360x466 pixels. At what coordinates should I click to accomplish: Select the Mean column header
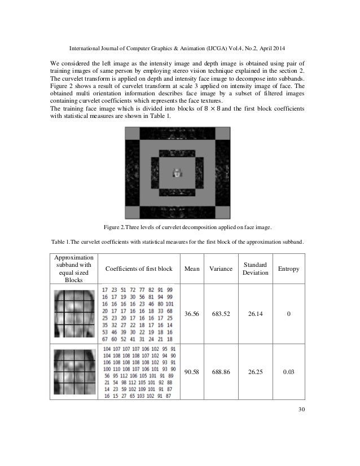[192, 269]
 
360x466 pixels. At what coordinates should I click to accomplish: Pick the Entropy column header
[288, 269]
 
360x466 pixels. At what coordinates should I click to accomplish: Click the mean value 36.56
[192, 314]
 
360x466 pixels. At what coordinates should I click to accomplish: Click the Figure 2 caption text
[179, 227]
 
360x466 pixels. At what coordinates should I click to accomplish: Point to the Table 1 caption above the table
[179, 243]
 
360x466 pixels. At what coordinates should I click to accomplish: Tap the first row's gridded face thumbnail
[73, 314]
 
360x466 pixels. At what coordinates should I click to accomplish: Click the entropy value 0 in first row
[288, 314]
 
